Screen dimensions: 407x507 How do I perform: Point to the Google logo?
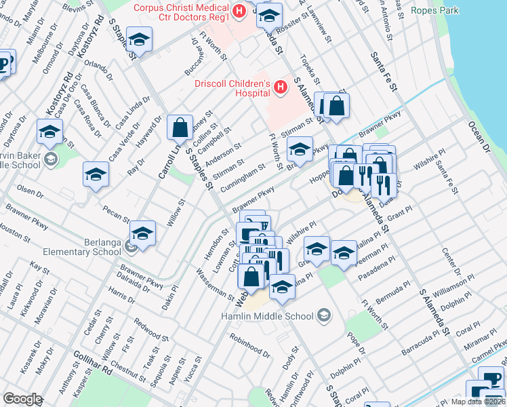tap(22, 398)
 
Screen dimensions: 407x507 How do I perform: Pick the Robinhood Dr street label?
tap(249, 346)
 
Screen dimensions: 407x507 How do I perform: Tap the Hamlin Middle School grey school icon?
tap(324, 316)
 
